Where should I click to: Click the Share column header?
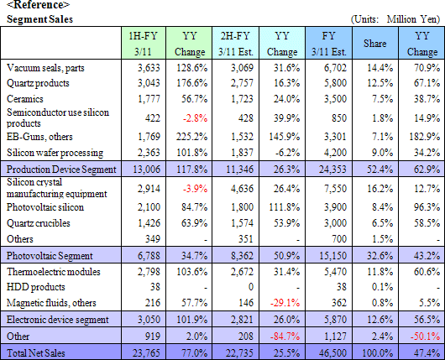[x=375, y=44]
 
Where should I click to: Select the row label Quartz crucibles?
[x=39, y=223]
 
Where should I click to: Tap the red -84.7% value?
[x=285, y=337]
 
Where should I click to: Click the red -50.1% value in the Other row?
[x=425, y=337]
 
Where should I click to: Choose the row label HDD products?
[x=36, y=287]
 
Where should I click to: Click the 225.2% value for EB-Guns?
[x=191, y=137]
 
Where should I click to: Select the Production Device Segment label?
[x=61, y=170]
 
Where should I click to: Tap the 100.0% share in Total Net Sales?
[x=378, y=353]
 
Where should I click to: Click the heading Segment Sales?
[x=39, y=19]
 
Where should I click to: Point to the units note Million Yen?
[x=413, y=19]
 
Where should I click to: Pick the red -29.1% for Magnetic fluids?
[x=285, y=303]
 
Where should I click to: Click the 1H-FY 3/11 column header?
[x=143, y=44]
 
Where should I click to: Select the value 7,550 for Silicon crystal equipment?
[x=335, y=189]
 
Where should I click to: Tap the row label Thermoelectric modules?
[x=54, y=272]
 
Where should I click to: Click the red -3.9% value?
[x=196, y=189]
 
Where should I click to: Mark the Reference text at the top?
[x=38, y=4]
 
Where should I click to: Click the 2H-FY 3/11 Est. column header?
[x=236, y=44]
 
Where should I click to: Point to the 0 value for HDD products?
[x=250, y=287]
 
